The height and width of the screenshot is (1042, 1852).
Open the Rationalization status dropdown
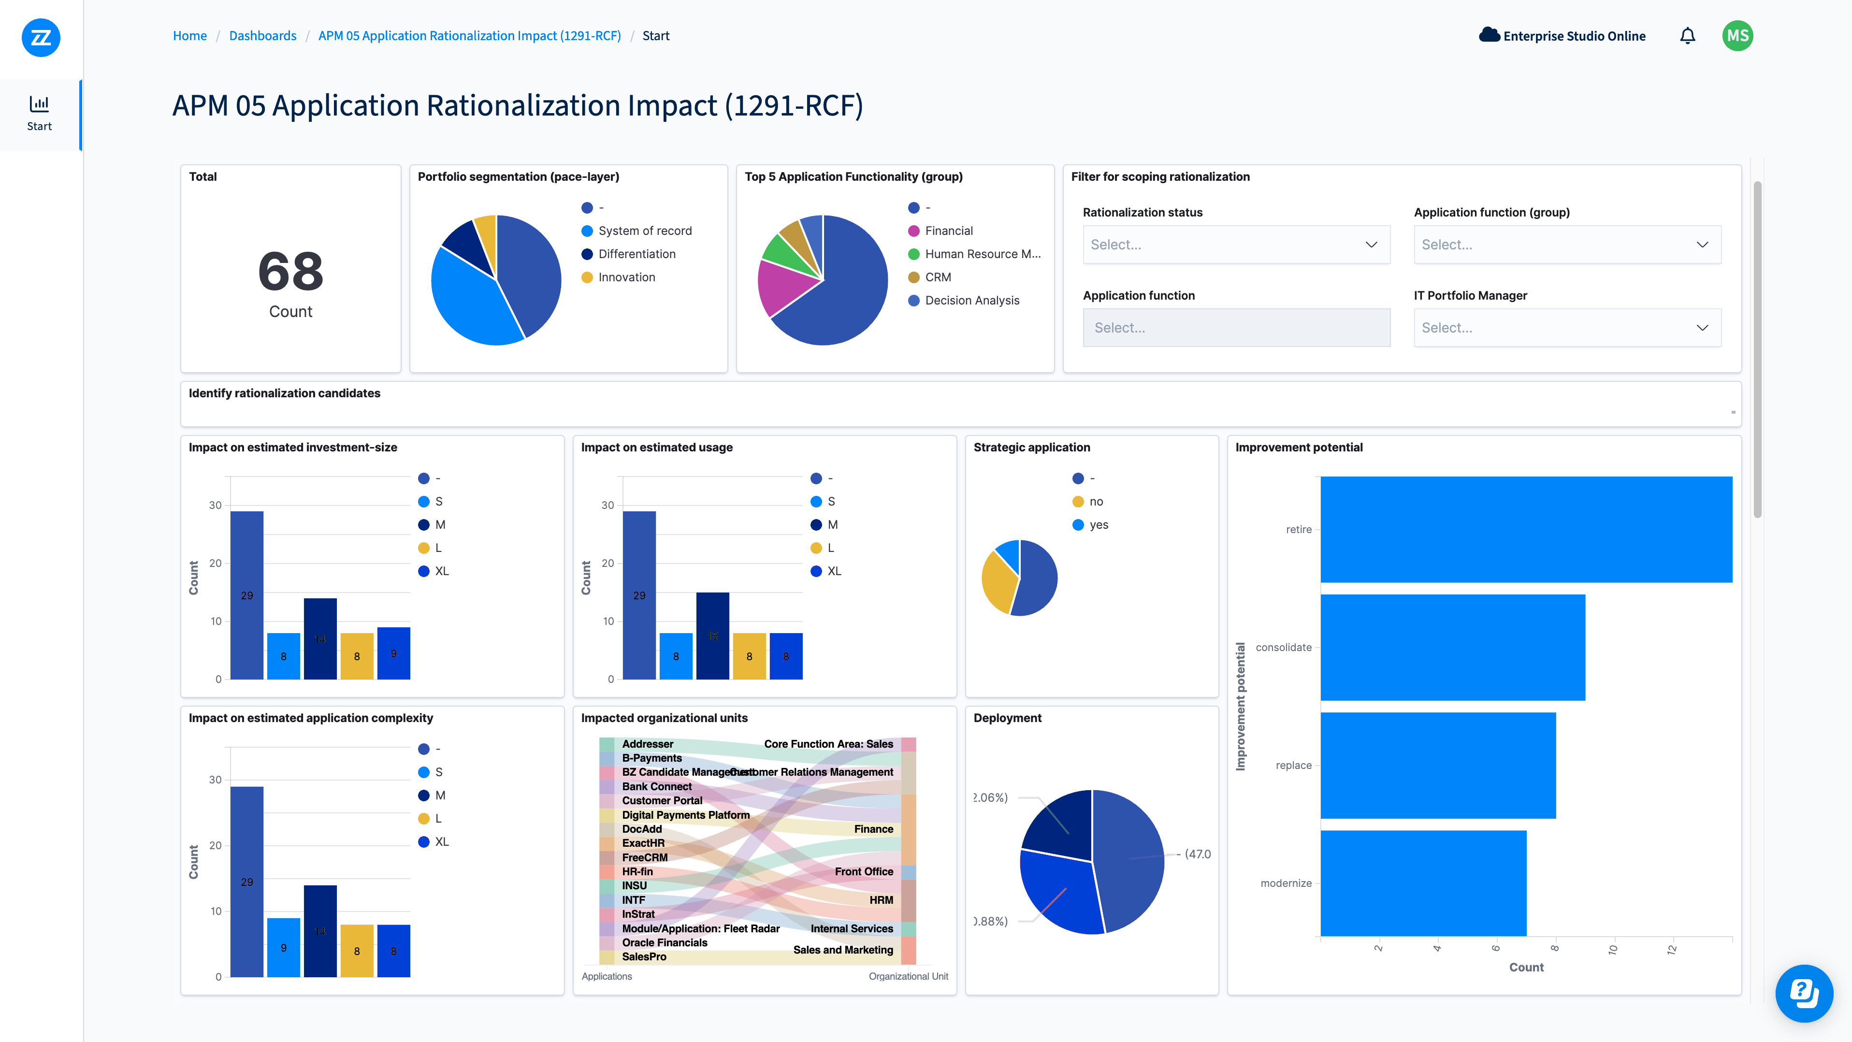click(x=1236, y=245)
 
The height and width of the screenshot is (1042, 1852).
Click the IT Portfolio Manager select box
click(x=1566, y=328)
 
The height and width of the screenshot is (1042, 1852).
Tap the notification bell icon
click(x=1687, y=36)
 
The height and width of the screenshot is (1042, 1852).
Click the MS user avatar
click(x=1737, y=36)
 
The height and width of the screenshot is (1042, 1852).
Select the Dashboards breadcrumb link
click(x=262, y=36)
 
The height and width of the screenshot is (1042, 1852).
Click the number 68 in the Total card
click(x=290, y=272)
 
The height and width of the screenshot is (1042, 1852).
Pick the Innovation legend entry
click(x=626, y=277)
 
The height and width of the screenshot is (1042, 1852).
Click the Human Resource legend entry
click(x=982, y=254)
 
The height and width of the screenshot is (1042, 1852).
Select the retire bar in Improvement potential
click(x=1526, y=529)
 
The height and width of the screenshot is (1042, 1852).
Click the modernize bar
click(x=1423, y=883)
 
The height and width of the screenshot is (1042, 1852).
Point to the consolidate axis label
click(x=1283, y=647)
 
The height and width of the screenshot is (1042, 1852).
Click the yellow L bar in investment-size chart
click(x=357, y=656)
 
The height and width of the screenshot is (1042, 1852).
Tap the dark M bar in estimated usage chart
click(x=712, y=636)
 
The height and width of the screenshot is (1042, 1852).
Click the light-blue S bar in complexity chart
click(x=283, y=947)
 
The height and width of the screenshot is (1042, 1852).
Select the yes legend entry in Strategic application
click(x=1098, y=525)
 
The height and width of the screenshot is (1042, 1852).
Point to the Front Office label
click(x=864, y=871)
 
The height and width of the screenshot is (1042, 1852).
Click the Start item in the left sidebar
click(x=40, y=114)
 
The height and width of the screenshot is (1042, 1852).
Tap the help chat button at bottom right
click(x=1803, y=993)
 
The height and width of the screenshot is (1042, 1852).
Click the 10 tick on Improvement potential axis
click(x=1613, y=949)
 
